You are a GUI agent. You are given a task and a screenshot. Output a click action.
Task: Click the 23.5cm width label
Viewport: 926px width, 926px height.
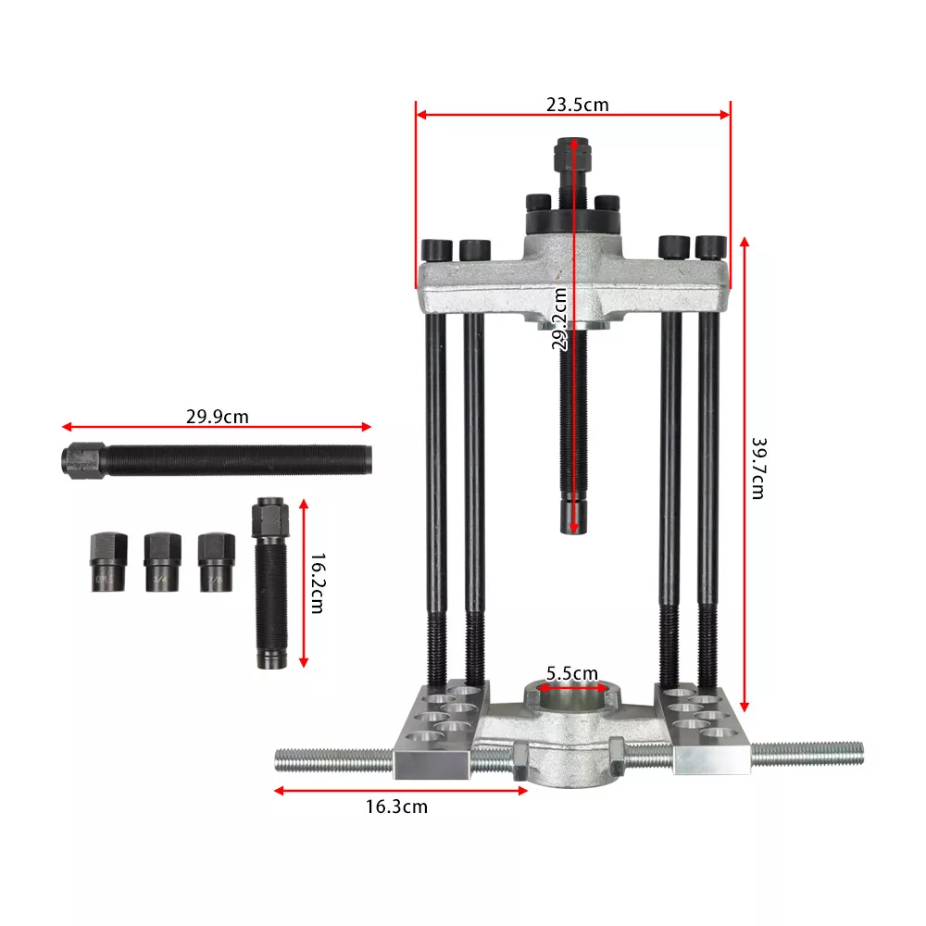[577, 104]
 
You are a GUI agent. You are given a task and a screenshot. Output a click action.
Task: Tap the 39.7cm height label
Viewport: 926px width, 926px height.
[757, 469]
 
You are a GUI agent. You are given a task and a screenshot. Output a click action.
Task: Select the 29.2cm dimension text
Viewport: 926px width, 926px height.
[559, 319]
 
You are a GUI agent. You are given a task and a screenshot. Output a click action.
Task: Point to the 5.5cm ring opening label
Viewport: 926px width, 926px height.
[571, 674]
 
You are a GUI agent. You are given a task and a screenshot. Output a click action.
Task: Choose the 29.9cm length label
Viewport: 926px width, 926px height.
[217, 417]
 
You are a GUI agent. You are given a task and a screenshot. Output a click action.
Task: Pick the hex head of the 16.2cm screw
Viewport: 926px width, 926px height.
[269, 514]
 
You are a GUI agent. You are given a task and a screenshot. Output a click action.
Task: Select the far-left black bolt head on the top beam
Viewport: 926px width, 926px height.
[435, 250]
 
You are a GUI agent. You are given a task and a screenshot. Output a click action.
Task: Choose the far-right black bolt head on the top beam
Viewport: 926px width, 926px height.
[709, 247]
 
